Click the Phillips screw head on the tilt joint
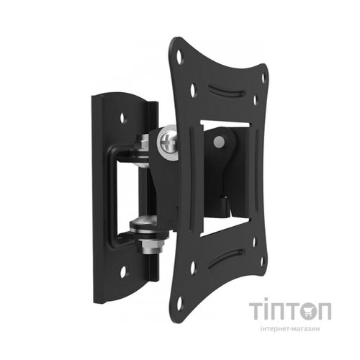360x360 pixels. pyautogui.click(x=168, y=143)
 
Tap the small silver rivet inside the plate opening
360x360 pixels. pyautogui.click(x=219, y=141)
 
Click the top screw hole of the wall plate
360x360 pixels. pyautogui.click(x=123, y=117)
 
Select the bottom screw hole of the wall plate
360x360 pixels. pyautogui.click(x=123, y=271)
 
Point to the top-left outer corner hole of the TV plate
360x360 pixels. pyautogui.click(x=179, y=56)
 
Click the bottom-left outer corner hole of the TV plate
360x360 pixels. pyautogui.click(x=179, y=302)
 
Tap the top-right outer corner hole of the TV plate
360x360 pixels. pyautogui.click(x=263, y=77)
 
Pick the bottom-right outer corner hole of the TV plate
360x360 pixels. pyautogui.click(x=262, y=261)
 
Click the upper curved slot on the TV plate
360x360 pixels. pyautogui.click(x=226, y=91)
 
